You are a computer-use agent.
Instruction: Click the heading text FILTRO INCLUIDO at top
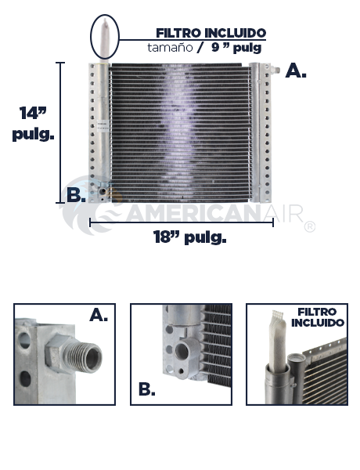pyautogui.click(x=211, y=33)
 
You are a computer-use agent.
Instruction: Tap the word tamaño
pyautogui.click(x=170, y=48)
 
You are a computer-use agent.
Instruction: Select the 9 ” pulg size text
pyautogui.click(x=236, y=48)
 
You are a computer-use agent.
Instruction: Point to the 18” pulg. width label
pyautogui.click(x=190, y=237)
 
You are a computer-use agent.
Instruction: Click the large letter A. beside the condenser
pyautogui.click(x=296, y=71)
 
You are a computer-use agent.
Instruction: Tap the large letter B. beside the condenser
pyautogui.click(x=76, y=195)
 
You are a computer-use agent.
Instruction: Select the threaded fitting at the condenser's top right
pyautogui.click(x=275, y=70)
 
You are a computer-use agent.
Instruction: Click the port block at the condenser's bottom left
pyautogui.click(x=103, y=192)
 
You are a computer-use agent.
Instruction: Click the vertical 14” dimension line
pyautogui.click(x=60, y=133)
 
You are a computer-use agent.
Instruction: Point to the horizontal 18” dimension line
pyautogui.click(x=182, y=222)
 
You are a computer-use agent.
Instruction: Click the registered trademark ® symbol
pyautogui.click(x=310, y=227)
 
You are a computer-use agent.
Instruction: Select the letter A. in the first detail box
pyautogui.click(x=99, y=315)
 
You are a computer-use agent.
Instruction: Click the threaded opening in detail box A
pyautogui.click(x=91, y=358)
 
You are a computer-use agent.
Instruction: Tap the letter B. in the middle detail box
pyautogui.click(x=147, y=389)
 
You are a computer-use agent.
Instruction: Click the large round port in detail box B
pyautogui.click(x=182, y=351)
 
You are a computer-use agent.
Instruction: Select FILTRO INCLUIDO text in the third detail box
pyautogui.click(x=318, y=317)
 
